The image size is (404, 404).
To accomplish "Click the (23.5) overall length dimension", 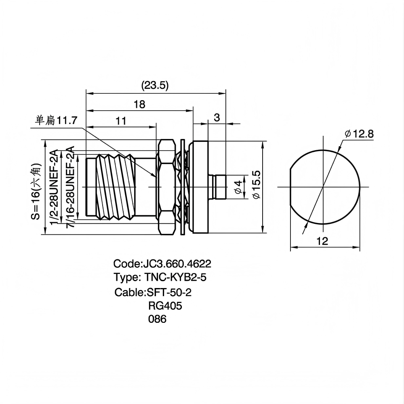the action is [x=155, y=85].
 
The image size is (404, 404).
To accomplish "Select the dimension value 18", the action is [x=139, y=104].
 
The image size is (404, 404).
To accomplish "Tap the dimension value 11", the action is [x=121, y=121].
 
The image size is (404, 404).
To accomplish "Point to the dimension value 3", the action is [x=217, y=118].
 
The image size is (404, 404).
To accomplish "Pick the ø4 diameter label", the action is [x=238, y=187].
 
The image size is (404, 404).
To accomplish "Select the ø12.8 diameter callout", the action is [x=359, y=134].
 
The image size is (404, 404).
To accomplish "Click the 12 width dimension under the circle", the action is [x=322, y=241].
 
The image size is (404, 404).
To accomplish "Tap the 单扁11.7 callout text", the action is [x=57, y=120].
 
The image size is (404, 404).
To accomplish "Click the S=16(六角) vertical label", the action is [x=36, y=191].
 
